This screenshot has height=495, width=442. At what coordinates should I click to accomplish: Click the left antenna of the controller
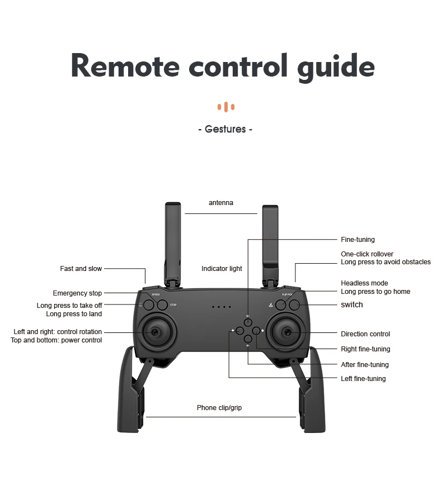[x=173, y=240]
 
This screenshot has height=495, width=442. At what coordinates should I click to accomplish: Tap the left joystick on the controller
[x=153, y=332]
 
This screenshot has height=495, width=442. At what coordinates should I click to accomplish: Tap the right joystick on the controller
[x=289, y=332]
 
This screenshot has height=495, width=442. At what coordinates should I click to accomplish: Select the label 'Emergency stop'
[x=77, y=293]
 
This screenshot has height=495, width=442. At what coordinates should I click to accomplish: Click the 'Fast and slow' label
[x=81, y=269]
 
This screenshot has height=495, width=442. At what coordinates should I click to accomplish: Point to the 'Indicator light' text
[x=222, y=269]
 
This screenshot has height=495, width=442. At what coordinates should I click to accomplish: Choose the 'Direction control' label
[x=365, y=334]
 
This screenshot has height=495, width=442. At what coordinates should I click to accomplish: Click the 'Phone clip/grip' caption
[x=219, y=408]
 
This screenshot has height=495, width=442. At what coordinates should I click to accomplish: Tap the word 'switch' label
[x=352, y=304]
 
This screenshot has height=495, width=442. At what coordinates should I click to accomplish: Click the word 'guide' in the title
[x=332, y=66]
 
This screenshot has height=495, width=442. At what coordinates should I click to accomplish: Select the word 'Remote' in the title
[x=125, y=66]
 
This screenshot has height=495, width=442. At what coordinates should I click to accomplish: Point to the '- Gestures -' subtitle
[x=225, y=129]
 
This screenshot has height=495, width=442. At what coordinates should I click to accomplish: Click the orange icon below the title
[x=226, y=107]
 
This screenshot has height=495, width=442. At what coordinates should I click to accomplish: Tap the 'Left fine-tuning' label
[x=363, y=379]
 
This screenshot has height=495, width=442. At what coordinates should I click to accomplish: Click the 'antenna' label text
[x=221, y=203]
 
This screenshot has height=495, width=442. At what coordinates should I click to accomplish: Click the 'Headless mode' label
[x=364, y=283]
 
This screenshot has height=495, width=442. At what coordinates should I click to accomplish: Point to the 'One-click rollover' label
[x=367, y=254]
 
